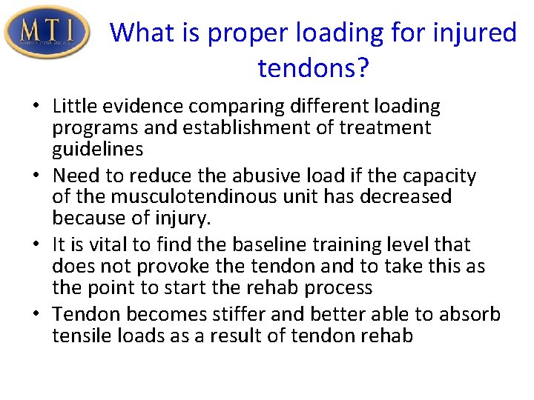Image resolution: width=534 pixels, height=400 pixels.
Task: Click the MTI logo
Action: (47, 31)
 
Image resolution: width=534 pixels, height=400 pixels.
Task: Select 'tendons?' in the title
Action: (314, 68)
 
